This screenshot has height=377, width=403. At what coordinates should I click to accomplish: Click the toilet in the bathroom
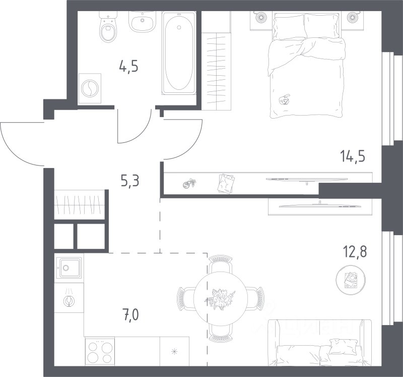(109, 27)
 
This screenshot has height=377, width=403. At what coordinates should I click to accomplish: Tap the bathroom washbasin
(142, 22)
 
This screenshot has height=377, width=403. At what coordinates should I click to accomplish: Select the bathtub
(179, 53)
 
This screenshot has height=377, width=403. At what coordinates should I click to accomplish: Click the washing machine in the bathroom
(90, 88)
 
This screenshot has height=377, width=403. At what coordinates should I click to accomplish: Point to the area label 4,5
(129, 67)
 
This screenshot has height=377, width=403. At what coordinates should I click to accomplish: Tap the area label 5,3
(130, 181)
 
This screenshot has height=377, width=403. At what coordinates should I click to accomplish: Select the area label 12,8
(355, 251)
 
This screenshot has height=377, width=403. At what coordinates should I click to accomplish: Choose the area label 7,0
(131, 315)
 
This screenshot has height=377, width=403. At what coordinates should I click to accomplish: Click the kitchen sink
(70, 268)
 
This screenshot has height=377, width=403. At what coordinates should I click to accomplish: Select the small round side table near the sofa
(351, 280)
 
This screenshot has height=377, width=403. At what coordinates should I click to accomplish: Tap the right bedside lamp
(353, 17)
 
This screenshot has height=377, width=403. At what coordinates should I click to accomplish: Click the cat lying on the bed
(284, 99)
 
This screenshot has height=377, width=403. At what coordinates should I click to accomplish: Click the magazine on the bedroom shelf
(226, 183)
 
